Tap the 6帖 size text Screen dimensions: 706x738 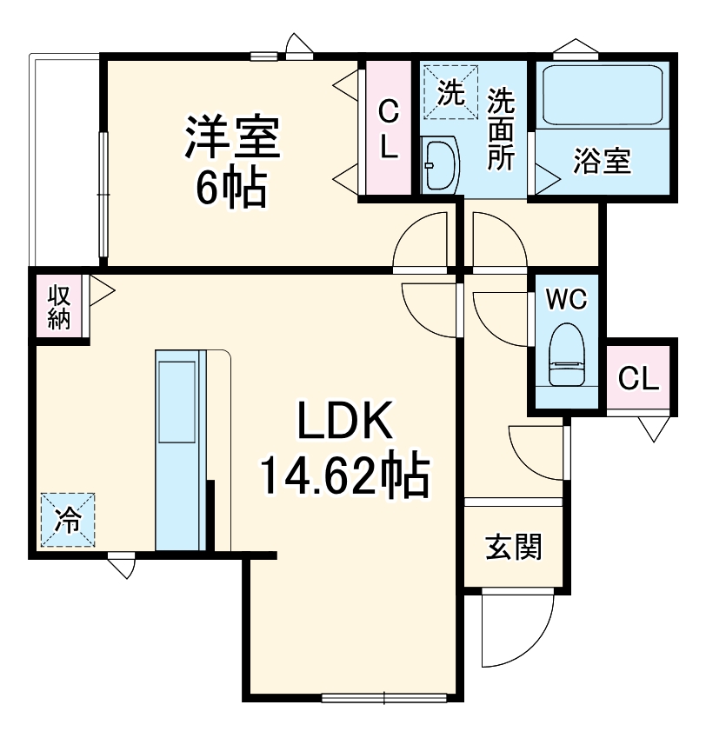[230, 188]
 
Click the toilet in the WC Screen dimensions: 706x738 [566, 355]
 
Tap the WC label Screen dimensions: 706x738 [566, 299]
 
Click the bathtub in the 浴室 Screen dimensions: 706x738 [604, 94]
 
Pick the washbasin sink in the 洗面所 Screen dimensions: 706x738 [439, 164]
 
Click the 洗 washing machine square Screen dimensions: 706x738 [450, 91]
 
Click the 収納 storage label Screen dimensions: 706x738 [58, 307]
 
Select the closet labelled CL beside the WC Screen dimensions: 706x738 [639, 379]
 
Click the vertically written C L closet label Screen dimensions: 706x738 [388, 129]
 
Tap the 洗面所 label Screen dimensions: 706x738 [500, 130]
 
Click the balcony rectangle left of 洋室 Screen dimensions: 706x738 [66, 161]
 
